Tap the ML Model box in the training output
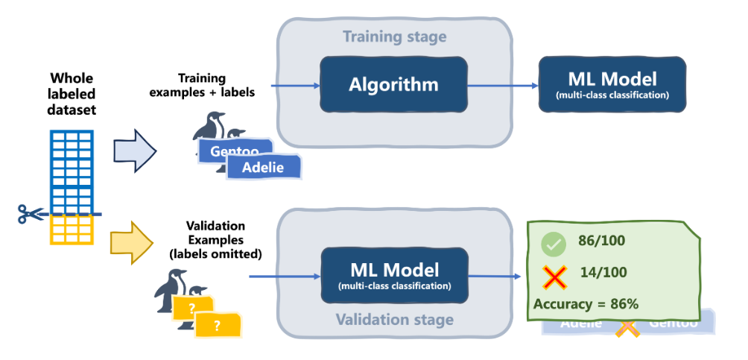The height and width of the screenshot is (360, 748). (x=612, y=84)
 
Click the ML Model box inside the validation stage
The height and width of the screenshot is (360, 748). (x=394, y=276)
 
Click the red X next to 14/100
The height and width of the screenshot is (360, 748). (x=553, y=278)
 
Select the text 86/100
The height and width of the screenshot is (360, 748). (x=601, y=241)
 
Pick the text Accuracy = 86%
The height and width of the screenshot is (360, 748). (x=586, y=303)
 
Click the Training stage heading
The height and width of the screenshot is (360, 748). (x=394, y=37)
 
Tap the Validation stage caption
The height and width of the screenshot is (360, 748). (x=394, y=320)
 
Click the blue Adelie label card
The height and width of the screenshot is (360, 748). (x=264, y=167)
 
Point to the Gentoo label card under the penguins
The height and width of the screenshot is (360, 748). (x=231, y=151)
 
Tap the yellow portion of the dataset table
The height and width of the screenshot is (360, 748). (x=72, y=230)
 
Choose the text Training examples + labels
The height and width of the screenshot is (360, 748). (x=202, y=85)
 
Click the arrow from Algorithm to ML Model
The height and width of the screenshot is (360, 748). (x=501, y=85)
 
